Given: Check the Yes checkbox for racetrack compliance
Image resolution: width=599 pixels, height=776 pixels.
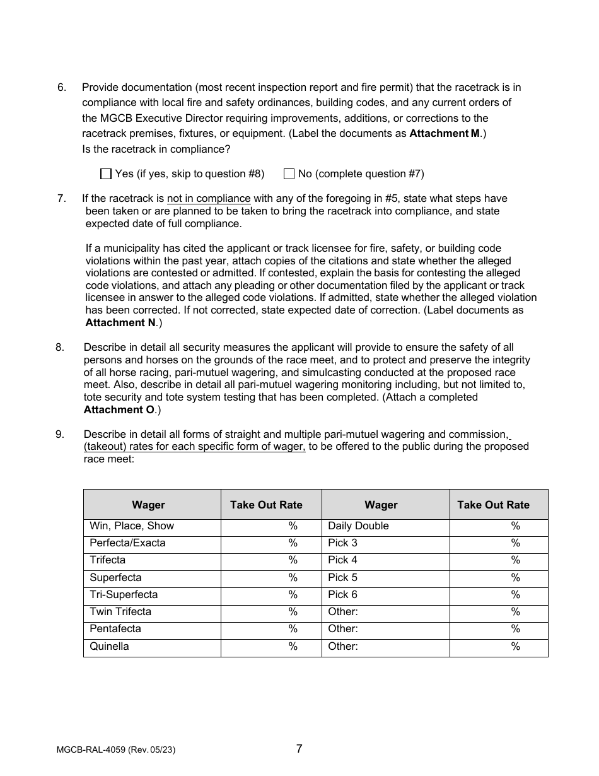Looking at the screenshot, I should [106, 173].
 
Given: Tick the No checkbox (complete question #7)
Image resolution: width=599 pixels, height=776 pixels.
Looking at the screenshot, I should [289, 173].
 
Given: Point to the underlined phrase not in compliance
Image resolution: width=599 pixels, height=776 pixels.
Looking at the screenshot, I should [209, 198].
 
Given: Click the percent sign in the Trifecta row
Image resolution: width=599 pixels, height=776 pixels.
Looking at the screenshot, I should [293, 560].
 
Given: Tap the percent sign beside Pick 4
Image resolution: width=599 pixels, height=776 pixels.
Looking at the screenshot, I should [516, 560].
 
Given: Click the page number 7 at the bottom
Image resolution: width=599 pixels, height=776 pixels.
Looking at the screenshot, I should [299, 749].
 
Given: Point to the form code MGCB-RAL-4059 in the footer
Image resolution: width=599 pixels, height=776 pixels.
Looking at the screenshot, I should [92, 750].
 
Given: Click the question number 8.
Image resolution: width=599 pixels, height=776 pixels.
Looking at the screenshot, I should [60, 347].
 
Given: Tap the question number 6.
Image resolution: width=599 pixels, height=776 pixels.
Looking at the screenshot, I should [61, 87].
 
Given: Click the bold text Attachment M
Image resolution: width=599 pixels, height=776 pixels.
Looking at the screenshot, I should [444, 133].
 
